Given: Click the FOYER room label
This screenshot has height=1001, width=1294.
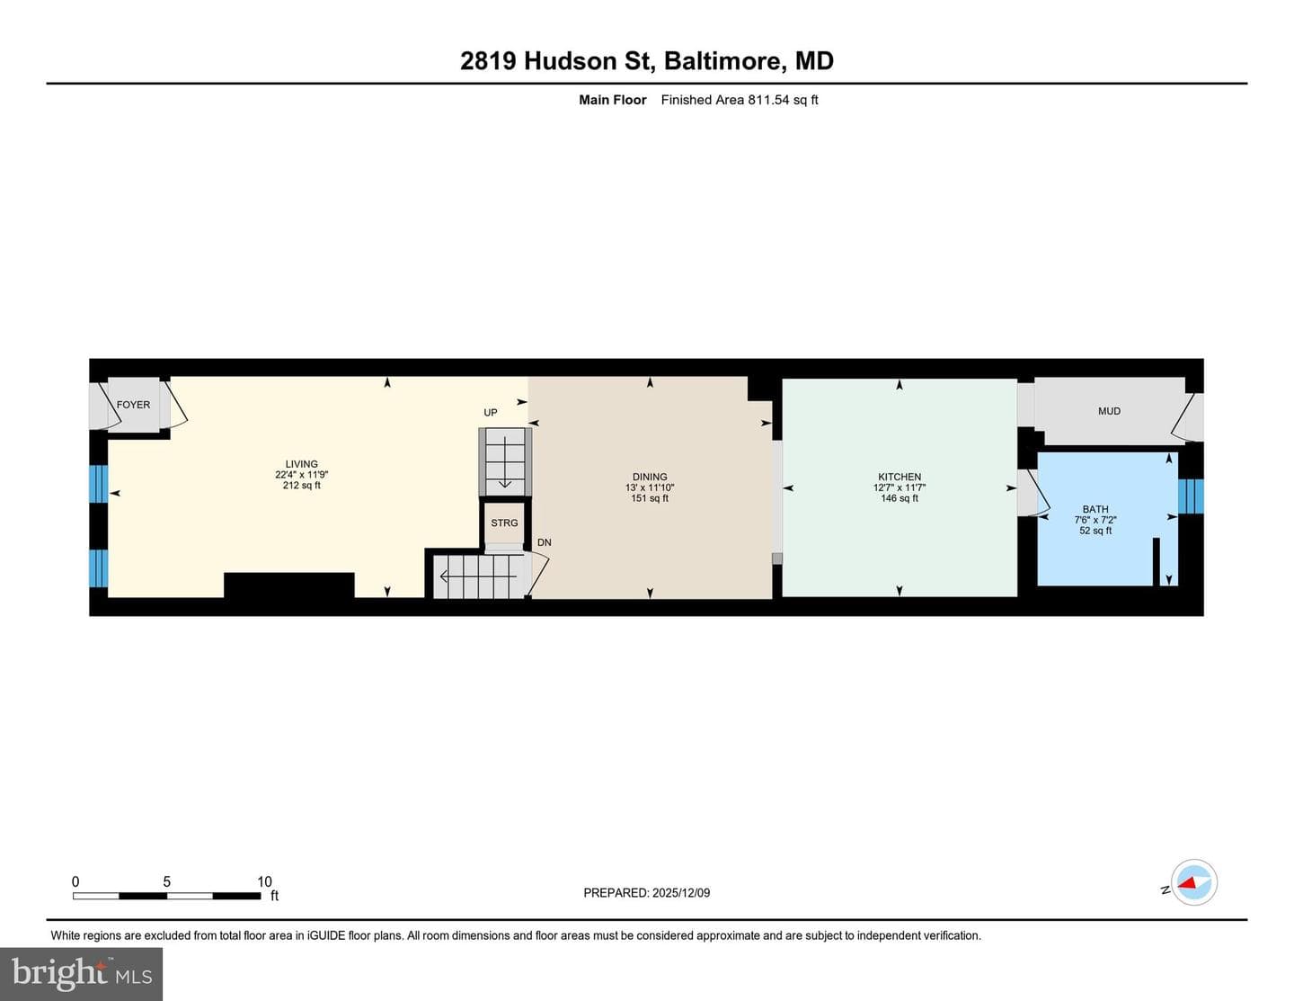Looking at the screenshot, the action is point(133,405).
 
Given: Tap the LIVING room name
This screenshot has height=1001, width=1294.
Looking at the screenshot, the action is point(301,464).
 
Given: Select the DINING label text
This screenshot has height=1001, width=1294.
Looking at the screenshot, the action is point(650,477).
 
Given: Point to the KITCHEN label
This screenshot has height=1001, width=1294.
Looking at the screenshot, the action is point(900,477).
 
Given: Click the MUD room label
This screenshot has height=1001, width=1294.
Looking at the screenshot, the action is point(1109,411).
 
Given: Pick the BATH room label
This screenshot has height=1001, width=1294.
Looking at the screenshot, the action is point(1095,509).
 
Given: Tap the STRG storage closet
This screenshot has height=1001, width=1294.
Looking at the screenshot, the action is point(504,523).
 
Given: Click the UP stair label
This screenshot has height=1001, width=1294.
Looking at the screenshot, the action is point(490,412).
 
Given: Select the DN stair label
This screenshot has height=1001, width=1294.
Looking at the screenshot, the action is point(545,542).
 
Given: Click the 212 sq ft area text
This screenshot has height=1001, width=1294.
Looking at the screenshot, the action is point(301,485).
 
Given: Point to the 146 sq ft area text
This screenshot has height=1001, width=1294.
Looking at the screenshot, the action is point(900,498).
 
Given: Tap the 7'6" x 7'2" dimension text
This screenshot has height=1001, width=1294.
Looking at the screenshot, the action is point(1095,520).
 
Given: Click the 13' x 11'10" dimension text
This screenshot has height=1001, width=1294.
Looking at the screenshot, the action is point(650,487).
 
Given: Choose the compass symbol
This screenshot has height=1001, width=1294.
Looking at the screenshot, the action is point(1194,882).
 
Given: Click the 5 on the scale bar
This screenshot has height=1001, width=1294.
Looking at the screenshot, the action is point(167,881).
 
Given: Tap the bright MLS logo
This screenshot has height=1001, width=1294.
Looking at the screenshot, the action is point(82,974).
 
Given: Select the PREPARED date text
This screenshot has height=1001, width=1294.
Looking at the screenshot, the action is point(647,892).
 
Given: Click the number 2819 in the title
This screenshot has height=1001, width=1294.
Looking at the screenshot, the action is point(488,61).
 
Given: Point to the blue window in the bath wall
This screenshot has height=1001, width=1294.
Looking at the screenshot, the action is point(1191,496).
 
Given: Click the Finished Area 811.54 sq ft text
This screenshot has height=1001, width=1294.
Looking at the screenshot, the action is point(740,100).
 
